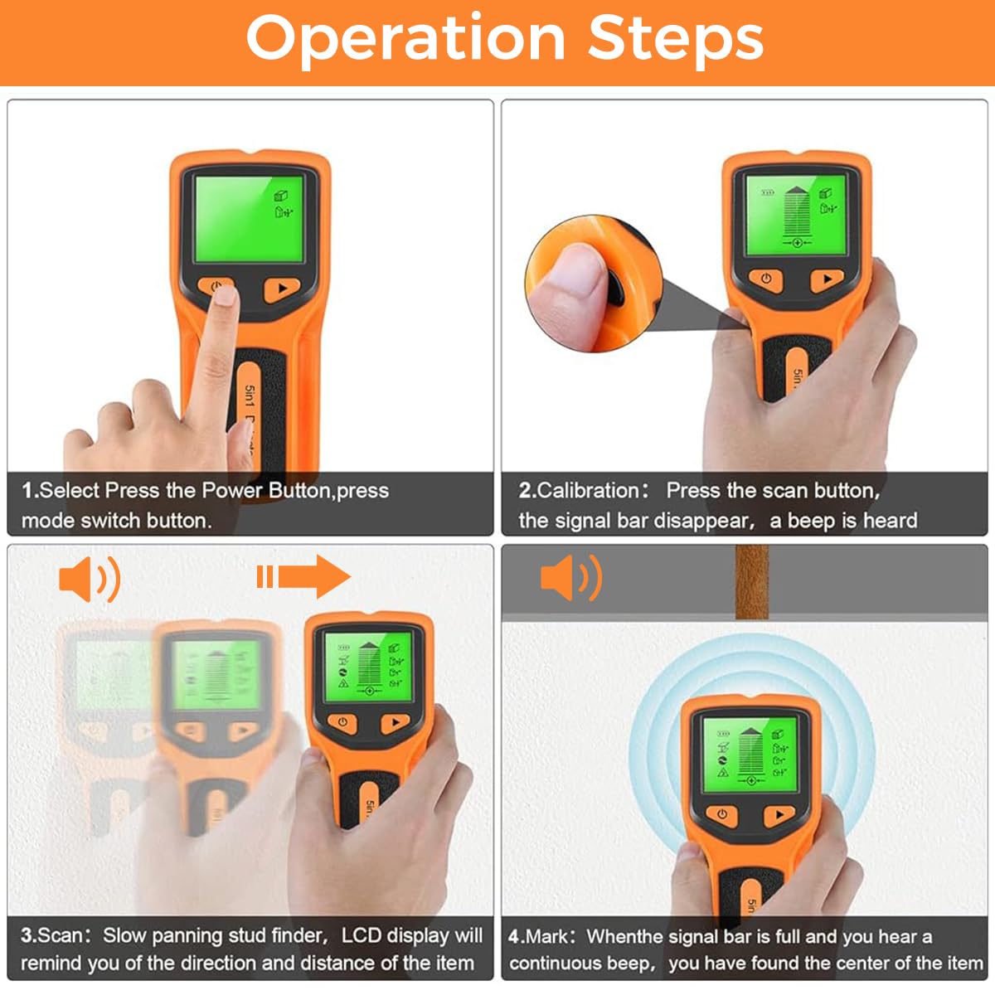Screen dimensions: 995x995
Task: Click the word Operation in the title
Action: pos(405,41)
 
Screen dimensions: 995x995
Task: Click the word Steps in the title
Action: pos(676,41)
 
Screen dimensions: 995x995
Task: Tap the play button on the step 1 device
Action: pos(282,289)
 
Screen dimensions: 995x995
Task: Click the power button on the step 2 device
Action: pos(766,279)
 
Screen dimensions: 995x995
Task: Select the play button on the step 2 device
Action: pos(828,279)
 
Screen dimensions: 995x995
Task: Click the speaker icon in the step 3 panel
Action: pos(90,579)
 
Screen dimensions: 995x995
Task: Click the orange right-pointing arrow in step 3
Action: pos(303,577)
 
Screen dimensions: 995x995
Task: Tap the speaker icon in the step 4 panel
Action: pos(571,578)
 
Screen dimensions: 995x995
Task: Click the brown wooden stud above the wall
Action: pos(751,582)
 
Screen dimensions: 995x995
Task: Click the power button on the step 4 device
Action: pos(722,815)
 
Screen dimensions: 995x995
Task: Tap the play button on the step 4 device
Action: pos(779,815)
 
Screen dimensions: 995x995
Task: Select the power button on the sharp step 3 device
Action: pos(342,722)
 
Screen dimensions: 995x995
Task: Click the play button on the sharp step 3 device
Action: pos(395,722)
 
